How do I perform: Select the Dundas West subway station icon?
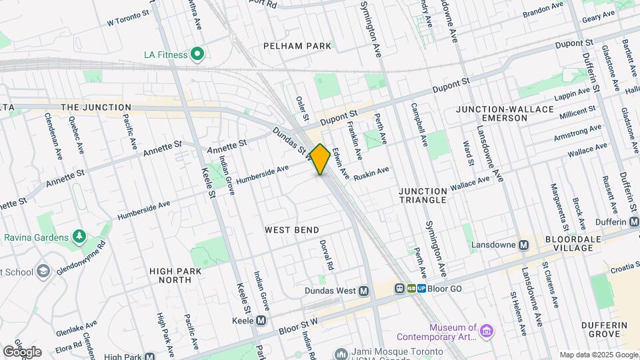[x=364, y=291]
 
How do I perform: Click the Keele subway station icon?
[x=261, y=321]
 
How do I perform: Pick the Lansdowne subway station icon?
[x=524, y=245]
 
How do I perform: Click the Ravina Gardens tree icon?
[x=79, y=237]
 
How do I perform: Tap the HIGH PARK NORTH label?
[x=171, y=275]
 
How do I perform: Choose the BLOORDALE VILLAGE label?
[x=569, y=243]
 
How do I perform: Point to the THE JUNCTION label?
[x=96, y=107]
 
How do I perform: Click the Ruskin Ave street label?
[x=372, y=172]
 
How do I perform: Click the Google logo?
[x=22, y=351]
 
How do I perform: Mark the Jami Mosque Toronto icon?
[x=342, y=354]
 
